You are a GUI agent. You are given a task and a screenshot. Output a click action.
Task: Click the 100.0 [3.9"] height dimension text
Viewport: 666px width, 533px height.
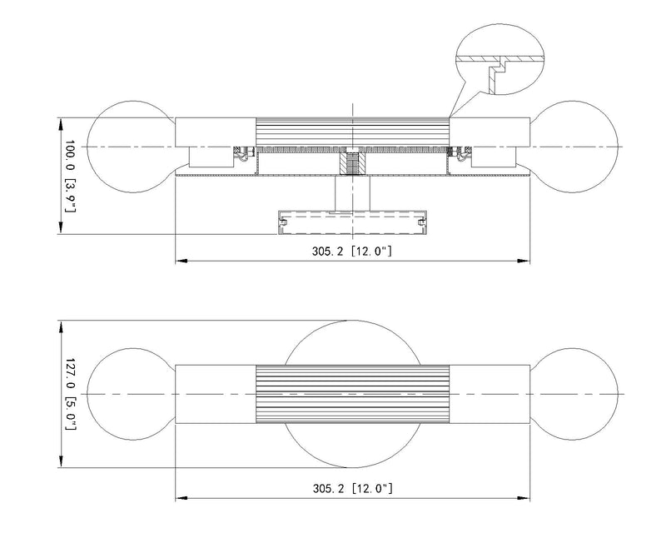coord(70,176)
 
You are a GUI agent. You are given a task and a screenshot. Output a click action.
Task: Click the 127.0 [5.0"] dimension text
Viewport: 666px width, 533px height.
coord(70,394)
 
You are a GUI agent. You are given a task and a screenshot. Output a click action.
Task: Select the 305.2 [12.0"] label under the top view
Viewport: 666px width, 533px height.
coord(352,252)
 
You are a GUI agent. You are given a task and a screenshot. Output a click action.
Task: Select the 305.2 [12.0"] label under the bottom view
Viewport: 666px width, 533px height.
coord(352,488)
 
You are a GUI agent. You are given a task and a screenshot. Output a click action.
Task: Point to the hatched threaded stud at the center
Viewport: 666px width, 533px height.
coord(352,162)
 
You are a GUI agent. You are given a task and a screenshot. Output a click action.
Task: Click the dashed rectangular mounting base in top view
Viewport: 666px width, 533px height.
coord(352,222)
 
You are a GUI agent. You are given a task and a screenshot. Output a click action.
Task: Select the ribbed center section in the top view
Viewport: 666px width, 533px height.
coord(352,132)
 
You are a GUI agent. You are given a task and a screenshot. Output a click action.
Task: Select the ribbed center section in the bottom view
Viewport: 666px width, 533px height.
coord(352,394)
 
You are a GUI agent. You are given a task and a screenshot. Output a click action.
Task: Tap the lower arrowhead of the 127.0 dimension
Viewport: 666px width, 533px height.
coord(61,461)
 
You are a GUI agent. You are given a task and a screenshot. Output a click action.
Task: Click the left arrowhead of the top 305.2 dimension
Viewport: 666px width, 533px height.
coord(182,261)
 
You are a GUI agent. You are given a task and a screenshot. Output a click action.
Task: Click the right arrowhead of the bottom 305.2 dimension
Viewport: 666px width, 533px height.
coord(524,498)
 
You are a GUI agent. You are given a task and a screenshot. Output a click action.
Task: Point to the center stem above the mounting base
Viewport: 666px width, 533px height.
coord(352,193)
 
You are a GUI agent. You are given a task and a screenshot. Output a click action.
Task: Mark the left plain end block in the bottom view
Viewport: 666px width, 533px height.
coord(216,394)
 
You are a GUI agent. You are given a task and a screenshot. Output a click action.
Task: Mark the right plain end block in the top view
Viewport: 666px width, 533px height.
coord(490,132)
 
